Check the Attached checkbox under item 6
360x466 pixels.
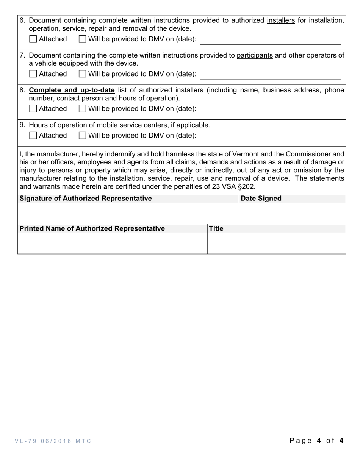pos(33,39)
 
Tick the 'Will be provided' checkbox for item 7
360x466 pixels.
pos(82,74)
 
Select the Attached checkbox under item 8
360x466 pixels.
pos(33,109)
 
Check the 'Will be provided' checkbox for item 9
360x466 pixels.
pos(82,136)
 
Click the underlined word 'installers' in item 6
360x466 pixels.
pos(281,20)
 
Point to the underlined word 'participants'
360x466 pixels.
pos(255,55)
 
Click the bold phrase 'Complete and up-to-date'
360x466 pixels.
pos(72,90)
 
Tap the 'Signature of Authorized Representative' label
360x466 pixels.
pos(86,199)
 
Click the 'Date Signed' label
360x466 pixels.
pos(261,199)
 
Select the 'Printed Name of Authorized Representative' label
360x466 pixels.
pos(92,228)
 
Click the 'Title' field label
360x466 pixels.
pos(216,228)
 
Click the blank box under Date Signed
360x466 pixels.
pos(292,213)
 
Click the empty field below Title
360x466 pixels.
pos(276,243)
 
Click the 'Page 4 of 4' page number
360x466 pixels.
pos(316,440)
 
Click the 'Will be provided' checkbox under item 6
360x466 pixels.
pos(82,39)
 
